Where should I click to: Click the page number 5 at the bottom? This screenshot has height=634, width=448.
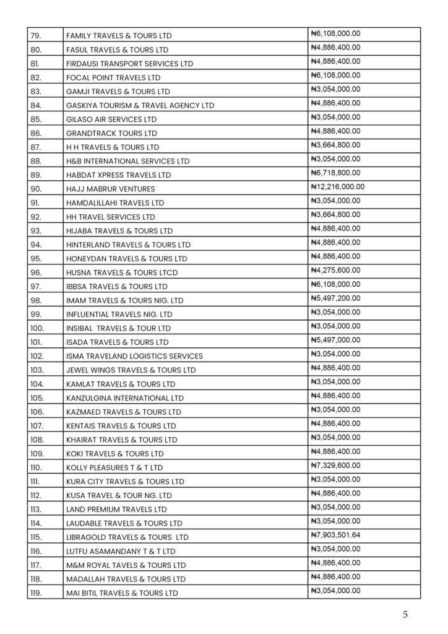(405, 615)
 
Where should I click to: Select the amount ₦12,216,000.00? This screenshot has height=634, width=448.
(337, 186)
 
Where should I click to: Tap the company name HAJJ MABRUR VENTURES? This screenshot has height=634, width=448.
(110, 189)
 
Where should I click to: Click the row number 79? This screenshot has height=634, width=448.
(36, 35)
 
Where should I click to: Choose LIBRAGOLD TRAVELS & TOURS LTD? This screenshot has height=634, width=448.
(127, 537)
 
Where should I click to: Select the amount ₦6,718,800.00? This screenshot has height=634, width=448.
(335, 173)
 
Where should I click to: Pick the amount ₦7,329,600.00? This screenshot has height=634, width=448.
(335, 465)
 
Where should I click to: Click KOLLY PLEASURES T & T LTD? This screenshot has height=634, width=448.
(114, 467)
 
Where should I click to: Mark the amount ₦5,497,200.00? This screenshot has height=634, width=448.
(335, 298)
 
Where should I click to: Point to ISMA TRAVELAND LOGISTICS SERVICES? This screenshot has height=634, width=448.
(134, 356)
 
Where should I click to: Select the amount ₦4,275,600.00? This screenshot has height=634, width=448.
(335, 270)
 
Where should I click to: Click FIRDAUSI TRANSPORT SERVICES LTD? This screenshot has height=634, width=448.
(129, 64)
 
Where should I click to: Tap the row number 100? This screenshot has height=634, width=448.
(37, 328)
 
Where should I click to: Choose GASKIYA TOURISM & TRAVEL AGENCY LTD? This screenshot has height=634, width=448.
(140, 105)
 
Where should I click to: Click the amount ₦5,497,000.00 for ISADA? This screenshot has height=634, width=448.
(335, 340)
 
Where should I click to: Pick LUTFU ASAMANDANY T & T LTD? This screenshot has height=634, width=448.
(121, 551)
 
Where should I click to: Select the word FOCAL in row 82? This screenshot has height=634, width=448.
(78, 77)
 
